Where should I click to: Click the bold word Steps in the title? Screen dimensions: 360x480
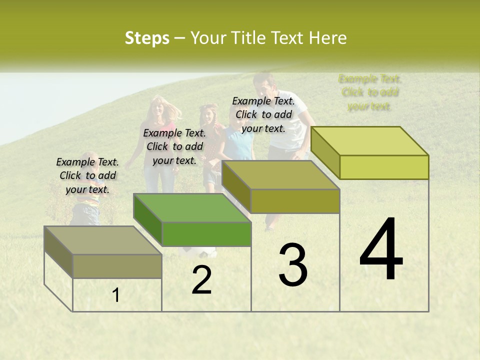[x=147, y=38]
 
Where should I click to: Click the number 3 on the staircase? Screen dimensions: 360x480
[x=293, y=265]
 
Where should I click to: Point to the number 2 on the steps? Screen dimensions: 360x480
[x=201, y=280]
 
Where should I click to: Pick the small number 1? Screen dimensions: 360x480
[x=116, y=295]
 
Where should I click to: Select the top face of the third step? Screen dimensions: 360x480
[x=280, y=175]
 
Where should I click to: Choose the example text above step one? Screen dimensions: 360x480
[x=87, y=175]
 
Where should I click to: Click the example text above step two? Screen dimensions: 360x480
[x=174, y=146]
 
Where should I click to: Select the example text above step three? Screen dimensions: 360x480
[x=263, y=114]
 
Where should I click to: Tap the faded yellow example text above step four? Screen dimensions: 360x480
[x=370, y=92]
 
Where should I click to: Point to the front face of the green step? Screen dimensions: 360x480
[x=206, y=234]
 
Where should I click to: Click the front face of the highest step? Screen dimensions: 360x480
[x=384, y=167]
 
